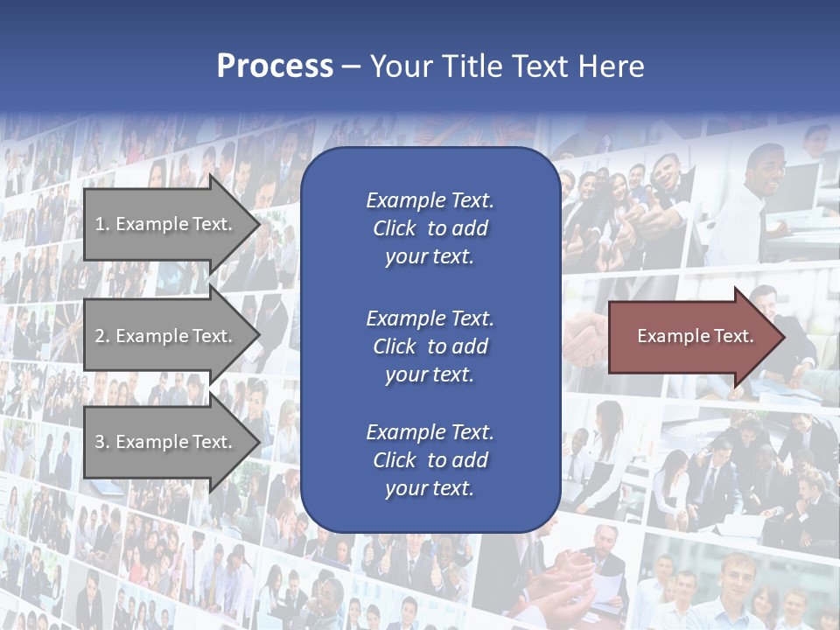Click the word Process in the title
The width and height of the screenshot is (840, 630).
[275, 66]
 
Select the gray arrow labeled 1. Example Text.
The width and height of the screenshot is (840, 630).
[166, 224]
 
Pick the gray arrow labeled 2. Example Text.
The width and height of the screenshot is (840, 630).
[166, 336]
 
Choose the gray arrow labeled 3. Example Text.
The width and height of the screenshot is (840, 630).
[166, 442]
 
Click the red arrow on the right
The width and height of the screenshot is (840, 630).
[691, 336]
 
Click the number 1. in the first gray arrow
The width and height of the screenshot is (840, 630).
[102, 224]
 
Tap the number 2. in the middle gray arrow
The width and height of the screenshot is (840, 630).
[102, 336]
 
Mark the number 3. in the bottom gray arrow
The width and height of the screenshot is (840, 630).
[102, 442]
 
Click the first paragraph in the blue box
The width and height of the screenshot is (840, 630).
[430, 228]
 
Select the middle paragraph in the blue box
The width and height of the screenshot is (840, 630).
[430, 346]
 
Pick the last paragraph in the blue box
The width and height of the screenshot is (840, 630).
[430, 460]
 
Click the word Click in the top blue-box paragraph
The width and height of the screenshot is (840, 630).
[394, 228]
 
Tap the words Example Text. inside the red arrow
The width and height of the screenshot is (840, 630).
[695, 336]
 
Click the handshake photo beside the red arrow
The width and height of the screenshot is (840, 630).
[584, 337]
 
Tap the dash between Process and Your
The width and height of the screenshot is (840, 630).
[351, 66]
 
